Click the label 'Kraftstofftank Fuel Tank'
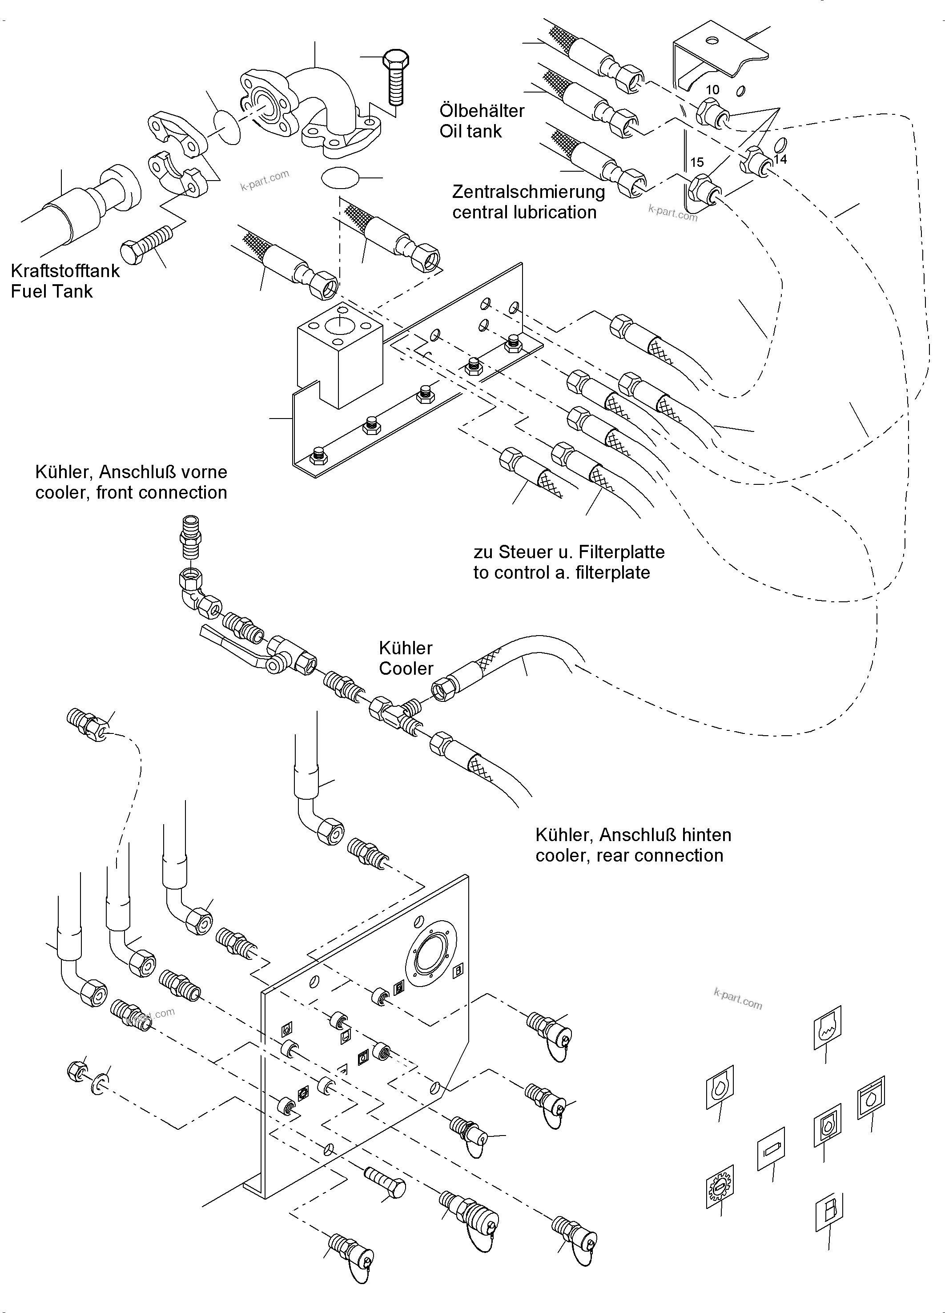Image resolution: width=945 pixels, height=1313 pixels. click(65, 281)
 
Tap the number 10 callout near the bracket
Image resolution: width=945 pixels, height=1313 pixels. click(712, 90)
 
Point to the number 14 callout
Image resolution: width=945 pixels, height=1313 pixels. click(780, 159)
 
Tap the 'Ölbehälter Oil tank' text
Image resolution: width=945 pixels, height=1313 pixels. click(482, 121)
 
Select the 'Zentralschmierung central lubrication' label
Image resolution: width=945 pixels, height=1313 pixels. click(528, 201)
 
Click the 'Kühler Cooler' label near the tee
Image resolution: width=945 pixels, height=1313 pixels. click(406, 658)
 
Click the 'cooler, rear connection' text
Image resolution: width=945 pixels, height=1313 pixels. click(629, 856)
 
